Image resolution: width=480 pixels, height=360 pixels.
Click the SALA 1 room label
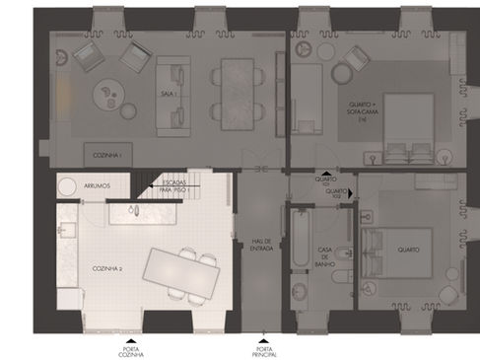pos(167,94)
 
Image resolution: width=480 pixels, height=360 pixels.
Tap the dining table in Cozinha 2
pos(181,269)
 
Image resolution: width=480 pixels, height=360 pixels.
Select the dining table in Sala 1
pos(238,94)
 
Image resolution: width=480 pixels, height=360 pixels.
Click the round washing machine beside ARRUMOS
pos(68,185)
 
